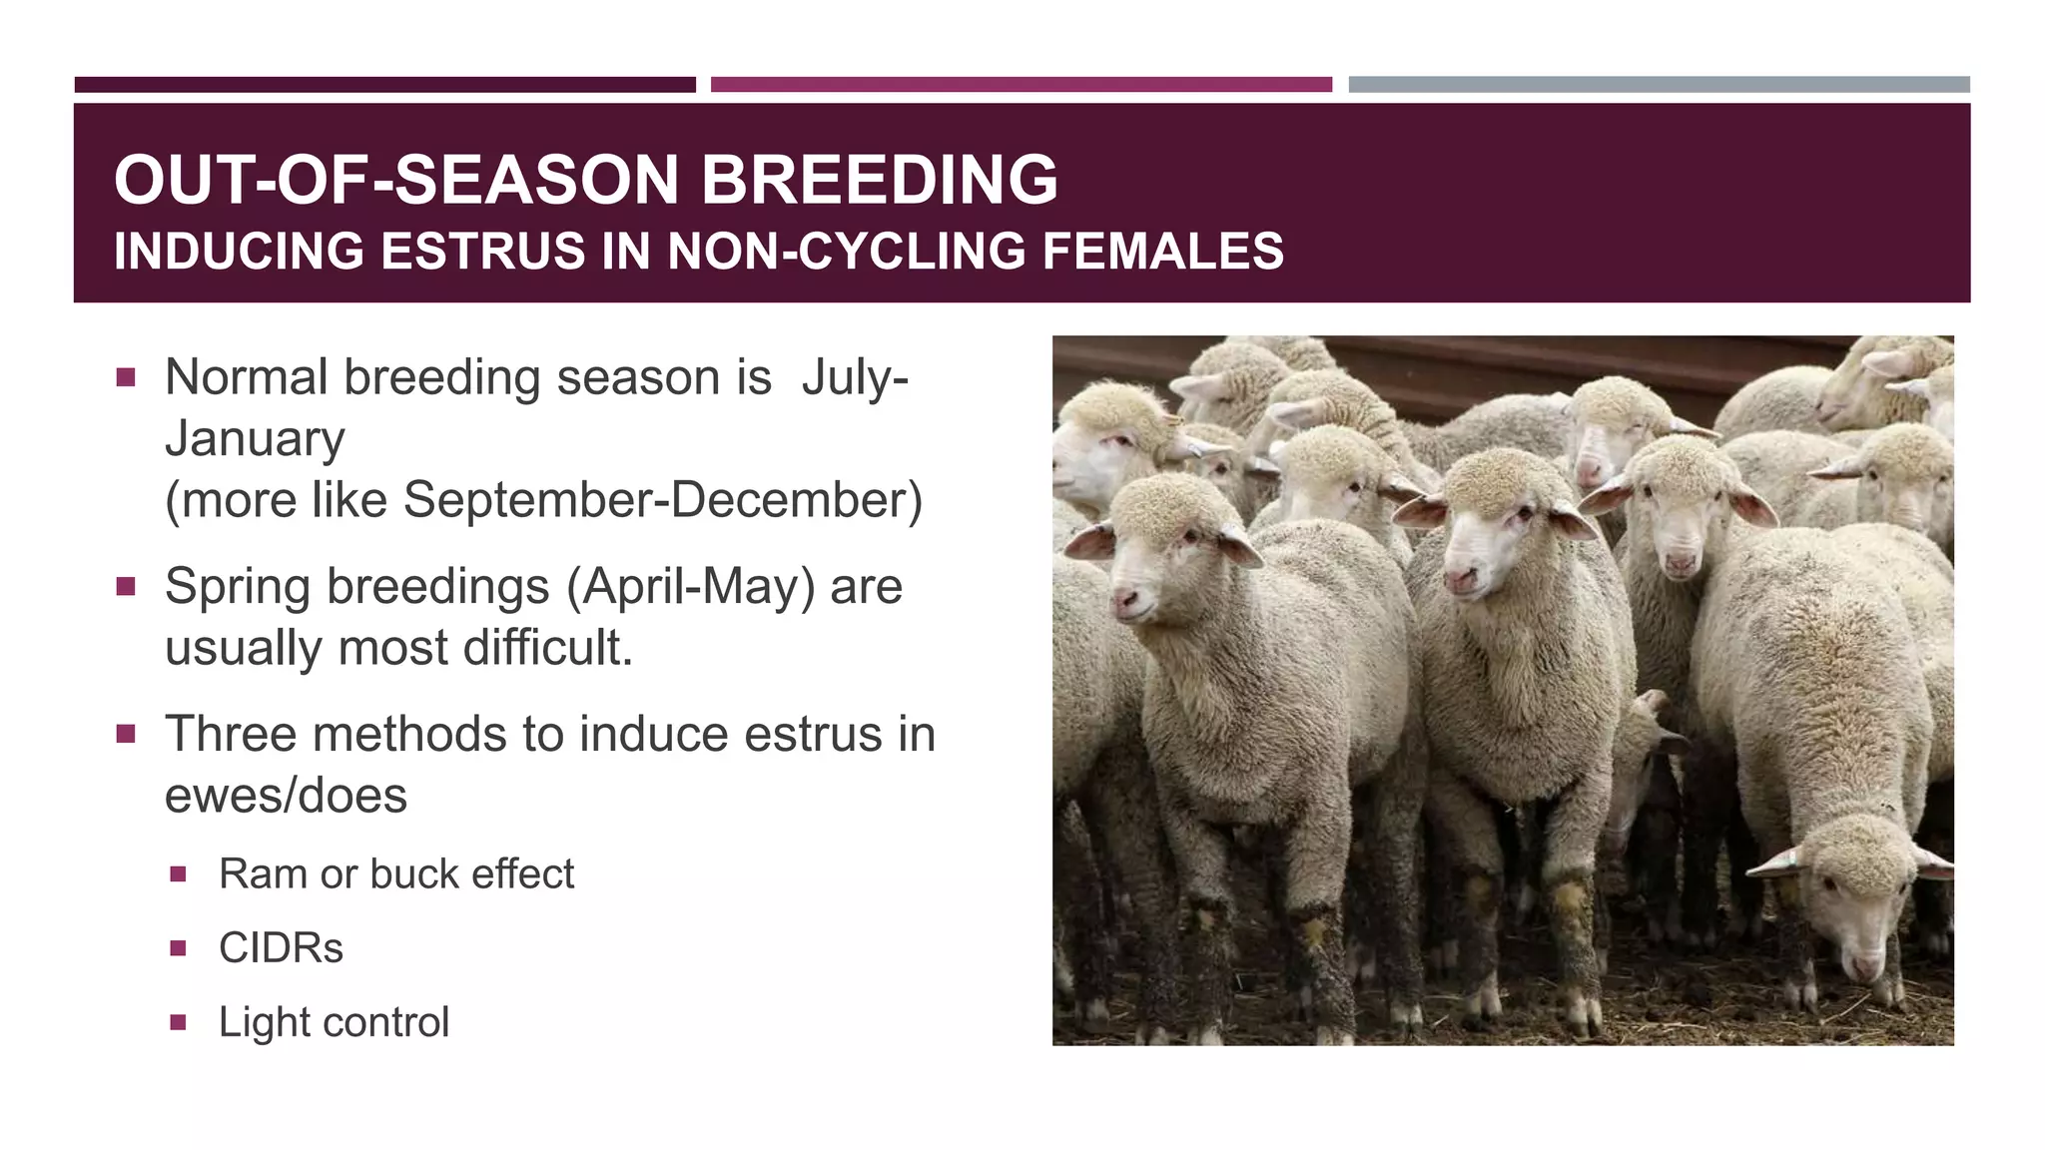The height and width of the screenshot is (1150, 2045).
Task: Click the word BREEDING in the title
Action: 879,180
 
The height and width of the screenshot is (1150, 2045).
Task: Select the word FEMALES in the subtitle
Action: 1163,252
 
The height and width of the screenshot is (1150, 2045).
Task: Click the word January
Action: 255,439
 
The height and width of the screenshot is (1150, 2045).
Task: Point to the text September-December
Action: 661,500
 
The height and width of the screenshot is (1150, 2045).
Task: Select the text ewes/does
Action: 286,797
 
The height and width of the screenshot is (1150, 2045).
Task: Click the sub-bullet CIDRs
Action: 281,948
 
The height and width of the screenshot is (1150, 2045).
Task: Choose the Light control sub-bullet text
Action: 334,1022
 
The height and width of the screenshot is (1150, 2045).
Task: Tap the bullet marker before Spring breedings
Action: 126,586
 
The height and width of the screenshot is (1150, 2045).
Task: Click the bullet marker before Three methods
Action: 126,735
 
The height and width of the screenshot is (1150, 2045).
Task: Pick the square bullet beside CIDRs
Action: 179,948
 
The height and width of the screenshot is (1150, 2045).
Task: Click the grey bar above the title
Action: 1659,85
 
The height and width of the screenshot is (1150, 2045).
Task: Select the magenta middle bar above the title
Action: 1021,85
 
